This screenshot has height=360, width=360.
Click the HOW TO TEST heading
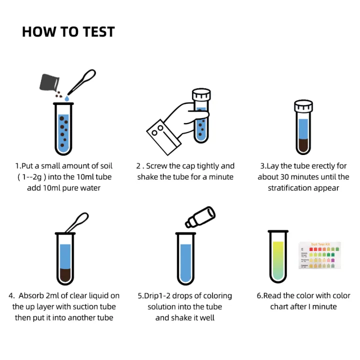click(x=68, y=32)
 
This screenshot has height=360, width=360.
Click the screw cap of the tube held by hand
click(x=201, y=95)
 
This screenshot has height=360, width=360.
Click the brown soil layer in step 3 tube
click(x=303, y=145)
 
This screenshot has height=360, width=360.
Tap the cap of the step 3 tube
click(x=303, y=105)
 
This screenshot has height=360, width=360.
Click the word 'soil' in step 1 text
click(x=104, y=166)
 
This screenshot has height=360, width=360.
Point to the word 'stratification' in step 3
click(x=290, y=188)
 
